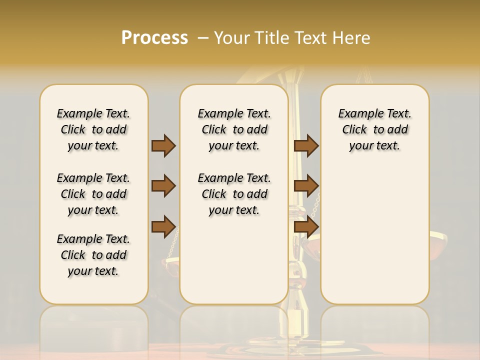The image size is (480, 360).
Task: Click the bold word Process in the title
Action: pos(154,38)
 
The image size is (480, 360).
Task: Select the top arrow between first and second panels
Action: pos(163,145)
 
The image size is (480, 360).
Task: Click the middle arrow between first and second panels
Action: pos(163,186)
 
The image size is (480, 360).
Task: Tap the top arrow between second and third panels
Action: pos(306,145)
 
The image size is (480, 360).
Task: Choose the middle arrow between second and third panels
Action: pos(306,186)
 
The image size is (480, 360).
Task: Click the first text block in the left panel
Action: pos(93,129)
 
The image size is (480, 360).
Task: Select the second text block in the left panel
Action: pos(93,194)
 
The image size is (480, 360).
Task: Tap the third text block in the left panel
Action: pos(93,255)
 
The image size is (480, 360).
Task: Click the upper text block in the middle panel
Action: pos(234,129)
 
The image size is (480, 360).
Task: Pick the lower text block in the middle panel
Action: pos(234,194)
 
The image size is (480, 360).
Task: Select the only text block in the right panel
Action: pos(375,129)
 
